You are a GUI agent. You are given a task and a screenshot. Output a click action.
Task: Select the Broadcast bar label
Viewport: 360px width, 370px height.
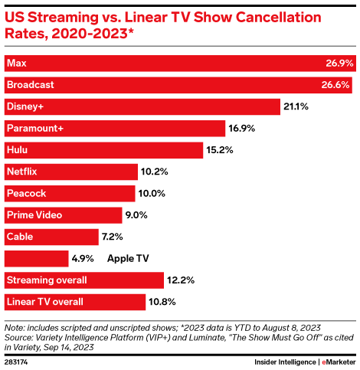tap(31, 84)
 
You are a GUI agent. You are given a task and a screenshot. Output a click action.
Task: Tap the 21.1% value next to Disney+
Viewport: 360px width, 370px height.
tap(296, 106)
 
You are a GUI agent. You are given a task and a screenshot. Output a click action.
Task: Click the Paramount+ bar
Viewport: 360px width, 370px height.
tap(115, 128)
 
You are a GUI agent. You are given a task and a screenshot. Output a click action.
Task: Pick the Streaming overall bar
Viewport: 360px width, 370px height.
tap(84, 280)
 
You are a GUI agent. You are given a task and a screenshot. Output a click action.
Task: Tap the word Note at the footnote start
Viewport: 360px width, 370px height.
tap(15, 325)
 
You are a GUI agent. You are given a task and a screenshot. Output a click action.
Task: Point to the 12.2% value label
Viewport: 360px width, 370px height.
tap(182, 280)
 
